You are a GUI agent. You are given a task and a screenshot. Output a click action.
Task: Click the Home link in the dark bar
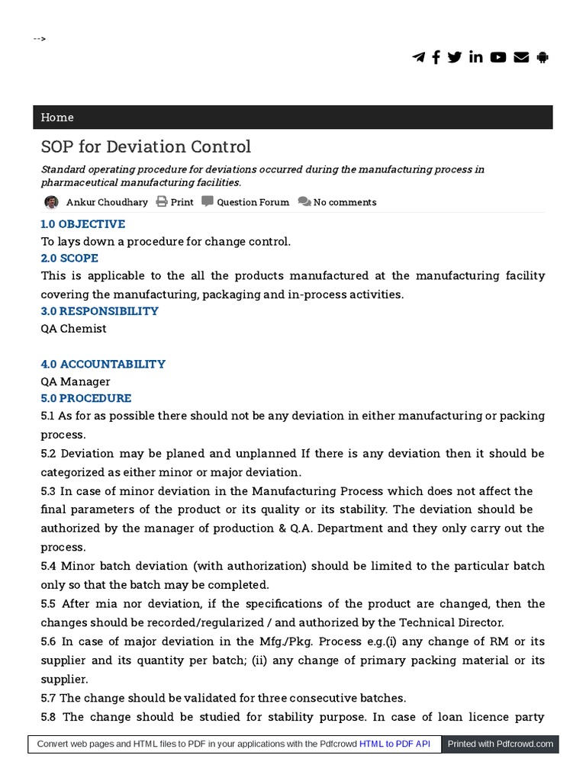[x=57, y=117]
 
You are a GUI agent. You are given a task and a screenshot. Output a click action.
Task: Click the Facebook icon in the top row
[x=436, y=57]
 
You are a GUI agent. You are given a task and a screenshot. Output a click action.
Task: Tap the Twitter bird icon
[x=455, y=57]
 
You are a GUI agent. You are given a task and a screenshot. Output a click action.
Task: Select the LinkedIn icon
[x=476, y=57]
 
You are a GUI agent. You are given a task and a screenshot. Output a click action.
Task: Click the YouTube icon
[x=498, y=57]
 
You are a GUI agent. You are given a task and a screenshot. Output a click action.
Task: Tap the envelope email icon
[x=521, y=57]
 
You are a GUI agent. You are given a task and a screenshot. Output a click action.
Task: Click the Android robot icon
[x=543, y=57]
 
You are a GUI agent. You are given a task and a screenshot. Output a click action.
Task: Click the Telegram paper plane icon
[x=418, y=57]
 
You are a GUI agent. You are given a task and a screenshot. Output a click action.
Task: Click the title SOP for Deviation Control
[x=146, y=146]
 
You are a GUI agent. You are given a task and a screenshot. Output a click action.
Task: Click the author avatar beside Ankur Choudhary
[x=51, y=202]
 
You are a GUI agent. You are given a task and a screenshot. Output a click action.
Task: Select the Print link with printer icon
[x=175, y=202]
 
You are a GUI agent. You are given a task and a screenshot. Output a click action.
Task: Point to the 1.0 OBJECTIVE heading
[x=82, y=224]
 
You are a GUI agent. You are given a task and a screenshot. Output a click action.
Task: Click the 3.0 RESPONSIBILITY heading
[x=99, y=311]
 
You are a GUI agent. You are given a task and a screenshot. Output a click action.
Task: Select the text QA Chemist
[x=73, y=329]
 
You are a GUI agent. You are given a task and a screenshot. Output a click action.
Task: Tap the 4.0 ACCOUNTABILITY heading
[x=103, y=364]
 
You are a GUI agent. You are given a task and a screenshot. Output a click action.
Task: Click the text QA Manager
[x=76, y=381]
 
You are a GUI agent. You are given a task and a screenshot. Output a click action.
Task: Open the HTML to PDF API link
[x=395, y=744]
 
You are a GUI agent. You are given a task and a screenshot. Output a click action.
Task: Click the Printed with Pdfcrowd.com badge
[x=501, y=744]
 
